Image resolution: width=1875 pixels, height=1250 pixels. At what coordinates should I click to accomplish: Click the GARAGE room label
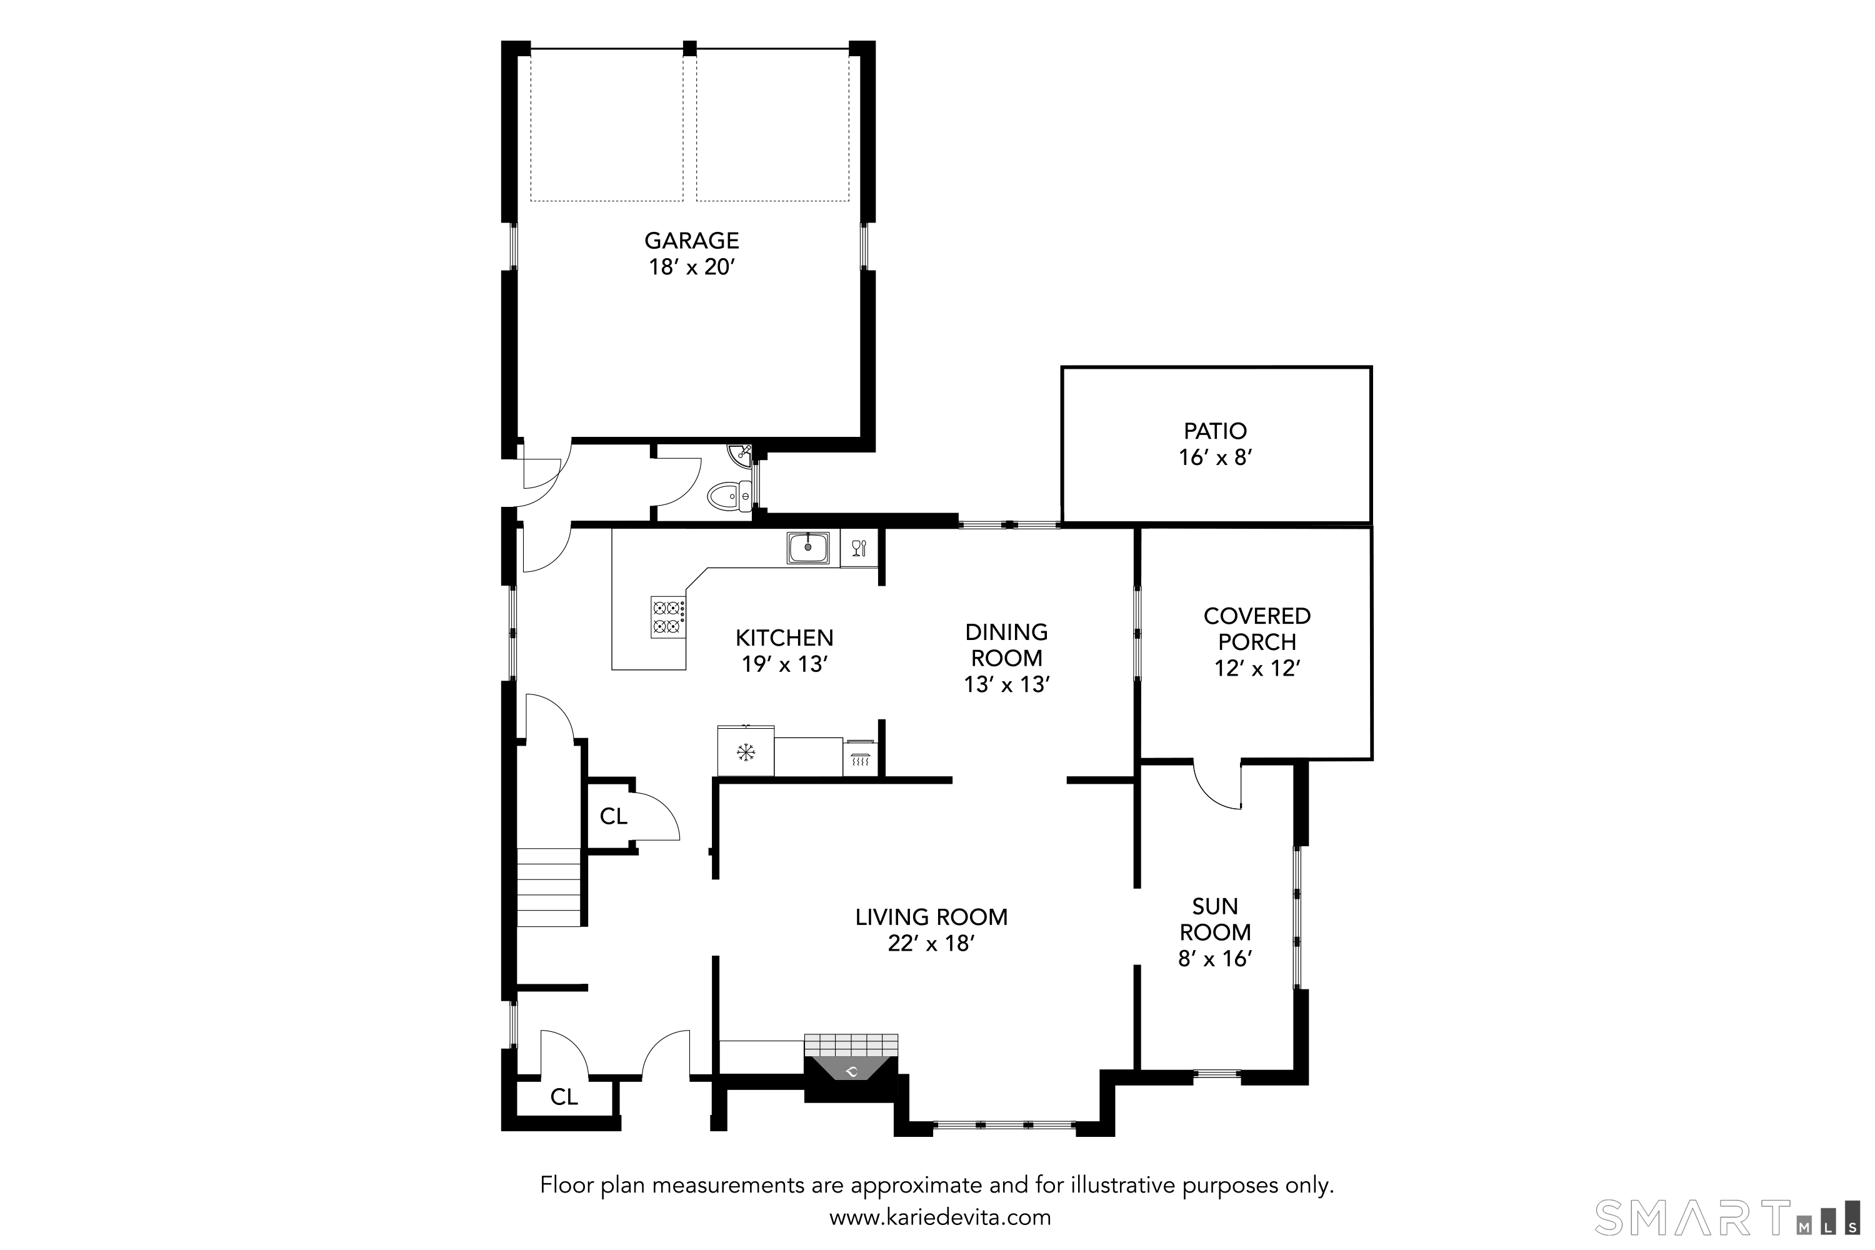(x=691, y=240)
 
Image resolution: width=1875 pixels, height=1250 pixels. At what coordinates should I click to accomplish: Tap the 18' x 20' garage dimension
(x=691, y=267)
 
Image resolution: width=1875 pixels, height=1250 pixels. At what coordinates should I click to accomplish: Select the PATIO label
(x=1215, y=431)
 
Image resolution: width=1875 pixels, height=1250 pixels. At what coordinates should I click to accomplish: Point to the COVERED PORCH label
(x=1256, y=628)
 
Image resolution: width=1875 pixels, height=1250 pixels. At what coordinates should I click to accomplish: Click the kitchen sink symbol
(x=807, y=547)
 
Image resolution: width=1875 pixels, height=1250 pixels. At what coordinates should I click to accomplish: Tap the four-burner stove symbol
(x=668, y=616)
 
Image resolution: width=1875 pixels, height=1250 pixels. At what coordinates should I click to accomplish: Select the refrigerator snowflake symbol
(x=746, y=751)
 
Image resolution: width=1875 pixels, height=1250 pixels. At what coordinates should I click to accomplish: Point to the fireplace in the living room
(x=851, y=1070)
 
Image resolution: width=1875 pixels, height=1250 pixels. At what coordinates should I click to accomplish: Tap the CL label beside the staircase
(x=613, y=816)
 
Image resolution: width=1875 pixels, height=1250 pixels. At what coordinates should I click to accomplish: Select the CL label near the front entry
(x=564, y=1097)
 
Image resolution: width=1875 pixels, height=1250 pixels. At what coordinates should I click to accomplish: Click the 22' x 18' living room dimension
(x=931, y=943)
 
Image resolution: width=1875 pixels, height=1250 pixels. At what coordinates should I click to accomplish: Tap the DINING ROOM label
(x=1006, y=644)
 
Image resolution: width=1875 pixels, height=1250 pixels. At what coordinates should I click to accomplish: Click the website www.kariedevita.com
(x=940, y=1218)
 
